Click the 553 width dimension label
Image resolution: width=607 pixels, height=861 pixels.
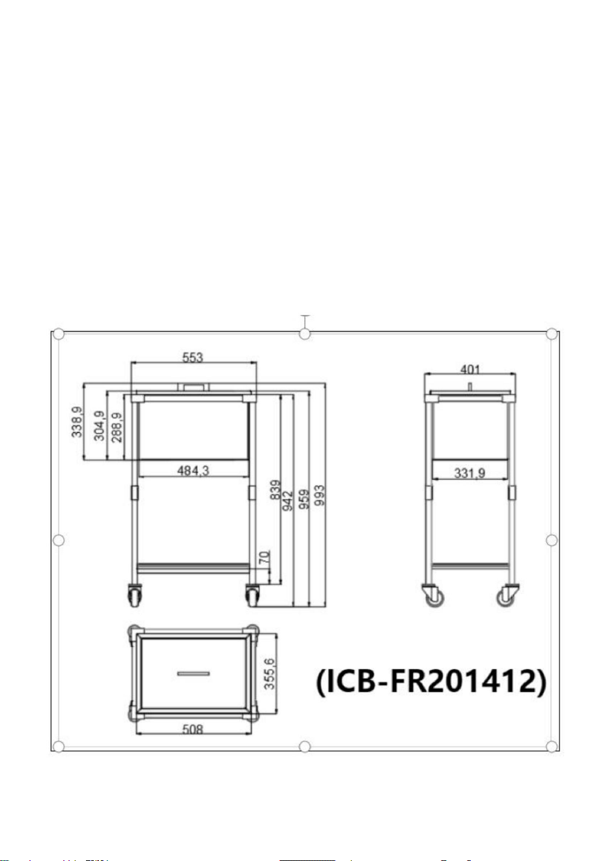[192, 357]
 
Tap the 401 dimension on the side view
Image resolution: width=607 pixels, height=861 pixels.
[470, 370]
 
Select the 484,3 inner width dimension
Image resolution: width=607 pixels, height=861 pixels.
[193, 471]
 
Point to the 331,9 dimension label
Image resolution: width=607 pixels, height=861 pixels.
[470, 472]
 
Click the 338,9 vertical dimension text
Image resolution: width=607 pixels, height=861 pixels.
[77, 422]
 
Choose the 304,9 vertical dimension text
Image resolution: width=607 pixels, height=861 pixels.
[99, 426]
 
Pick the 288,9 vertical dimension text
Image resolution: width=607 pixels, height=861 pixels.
[117, 428]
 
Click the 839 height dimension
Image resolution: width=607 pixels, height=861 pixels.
[275, 489]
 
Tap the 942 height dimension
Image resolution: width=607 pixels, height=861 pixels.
[287, 501]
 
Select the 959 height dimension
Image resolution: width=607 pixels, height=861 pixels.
[304, 499]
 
